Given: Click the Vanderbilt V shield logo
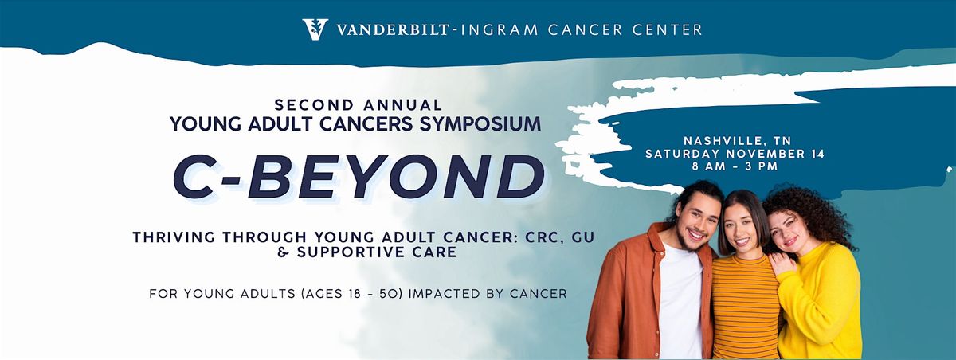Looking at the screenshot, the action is click(x=315, y=29).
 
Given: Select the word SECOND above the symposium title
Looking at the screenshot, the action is click(x=315, y=104).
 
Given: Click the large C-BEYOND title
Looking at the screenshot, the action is click(x=358, y=177).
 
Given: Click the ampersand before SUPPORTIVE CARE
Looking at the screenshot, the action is click(x=283, y=252).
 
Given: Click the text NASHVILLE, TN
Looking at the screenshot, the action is click(x=738, y=141).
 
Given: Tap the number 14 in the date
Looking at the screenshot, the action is click(x=817, y=154).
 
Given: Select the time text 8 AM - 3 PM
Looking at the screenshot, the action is click(x=735, y=166).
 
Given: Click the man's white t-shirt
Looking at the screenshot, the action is click(x=680, y=299).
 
